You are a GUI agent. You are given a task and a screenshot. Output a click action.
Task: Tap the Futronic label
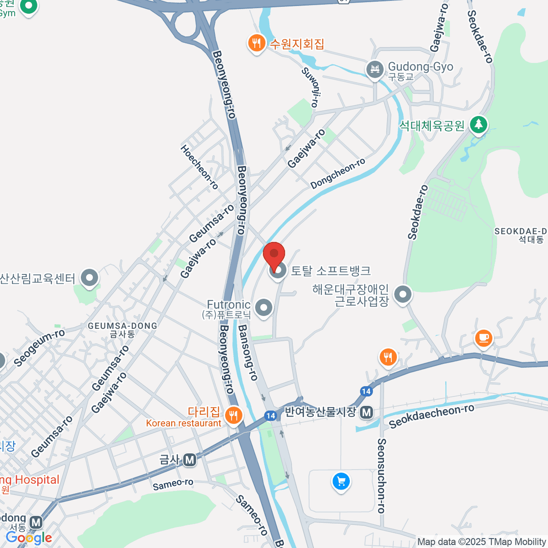pos(228,305)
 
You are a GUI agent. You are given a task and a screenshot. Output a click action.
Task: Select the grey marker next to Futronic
pos(263,308)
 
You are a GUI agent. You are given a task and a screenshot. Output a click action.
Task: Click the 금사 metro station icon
pos(190,460)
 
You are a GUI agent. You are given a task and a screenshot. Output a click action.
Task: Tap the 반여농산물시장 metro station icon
pos(366,412)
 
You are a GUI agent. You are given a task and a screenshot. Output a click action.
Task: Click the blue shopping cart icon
pos(341,482)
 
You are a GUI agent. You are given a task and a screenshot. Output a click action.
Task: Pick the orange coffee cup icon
pos(483,338)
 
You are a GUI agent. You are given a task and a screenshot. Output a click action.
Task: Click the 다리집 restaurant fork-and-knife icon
pos(233,415)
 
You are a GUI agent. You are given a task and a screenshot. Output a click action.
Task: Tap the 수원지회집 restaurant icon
pos(257,44)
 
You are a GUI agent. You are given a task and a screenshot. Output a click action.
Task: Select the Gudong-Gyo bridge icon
pos(375,69)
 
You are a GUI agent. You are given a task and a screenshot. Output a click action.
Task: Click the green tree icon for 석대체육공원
pos(478,124)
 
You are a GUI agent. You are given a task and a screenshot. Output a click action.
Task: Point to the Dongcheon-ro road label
pos(337,173)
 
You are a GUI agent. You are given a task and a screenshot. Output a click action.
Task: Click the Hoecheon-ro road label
pos(199,167)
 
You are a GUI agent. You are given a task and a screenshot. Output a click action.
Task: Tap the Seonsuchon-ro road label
pos(382,475)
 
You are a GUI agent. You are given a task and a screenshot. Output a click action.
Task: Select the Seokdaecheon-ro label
pos(432,416)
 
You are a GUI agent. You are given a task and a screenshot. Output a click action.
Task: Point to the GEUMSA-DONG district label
pos(122,326)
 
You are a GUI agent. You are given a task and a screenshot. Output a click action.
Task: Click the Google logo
pos(29,538)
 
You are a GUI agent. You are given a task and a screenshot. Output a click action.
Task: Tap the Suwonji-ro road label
pos(311,87)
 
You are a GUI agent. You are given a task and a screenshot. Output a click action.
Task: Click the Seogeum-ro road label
pos(39,348)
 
